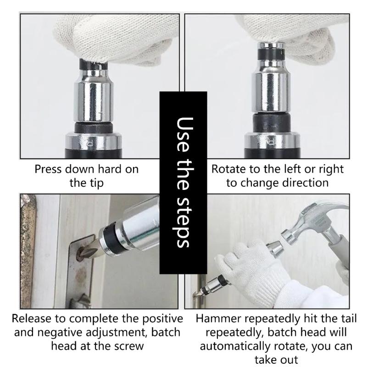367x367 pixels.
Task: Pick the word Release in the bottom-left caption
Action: (32, 318)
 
